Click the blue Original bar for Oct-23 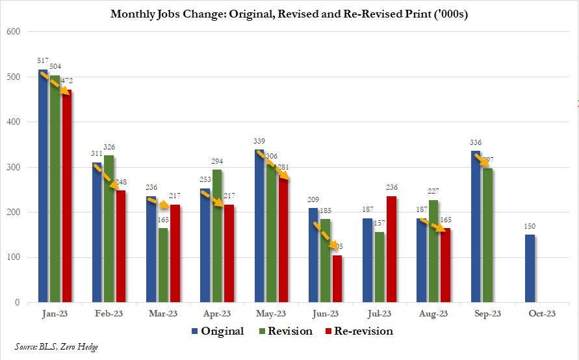(x=530, y=268)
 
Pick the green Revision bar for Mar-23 (x=163, y=265)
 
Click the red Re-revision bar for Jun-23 (x=337, y=279)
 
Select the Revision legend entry (x=286, y=331)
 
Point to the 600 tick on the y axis (x=13, y=32)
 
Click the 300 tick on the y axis (x=13, y=167)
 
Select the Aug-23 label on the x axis (x=433, y=314)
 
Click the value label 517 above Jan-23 (x=44, y=61)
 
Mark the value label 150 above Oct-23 (x=530, y=227)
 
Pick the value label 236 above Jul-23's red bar (x=391, y=188)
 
